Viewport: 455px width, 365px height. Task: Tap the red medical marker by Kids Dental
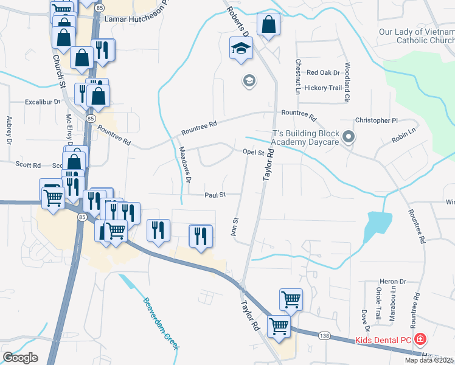click(x=419, y=339)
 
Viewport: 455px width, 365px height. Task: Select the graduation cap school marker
click(x=241, y=47)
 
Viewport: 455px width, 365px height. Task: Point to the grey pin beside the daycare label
click(x=348, y=137)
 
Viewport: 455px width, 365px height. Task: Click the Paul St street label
click(x=215, y=195)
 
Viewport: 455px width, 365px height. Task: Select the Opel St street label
click(x=253, y=152)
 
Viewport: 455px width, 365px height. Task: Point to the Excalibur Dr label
click(x=44, y=102)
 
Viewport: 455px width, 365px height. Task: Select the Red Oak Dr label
click(x=323, y=72)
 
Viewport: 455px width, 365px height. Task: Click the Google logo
click(x=21, y=358)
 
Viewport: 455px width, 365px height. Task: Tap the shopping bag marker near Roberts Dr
click(x=268, y=25)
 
